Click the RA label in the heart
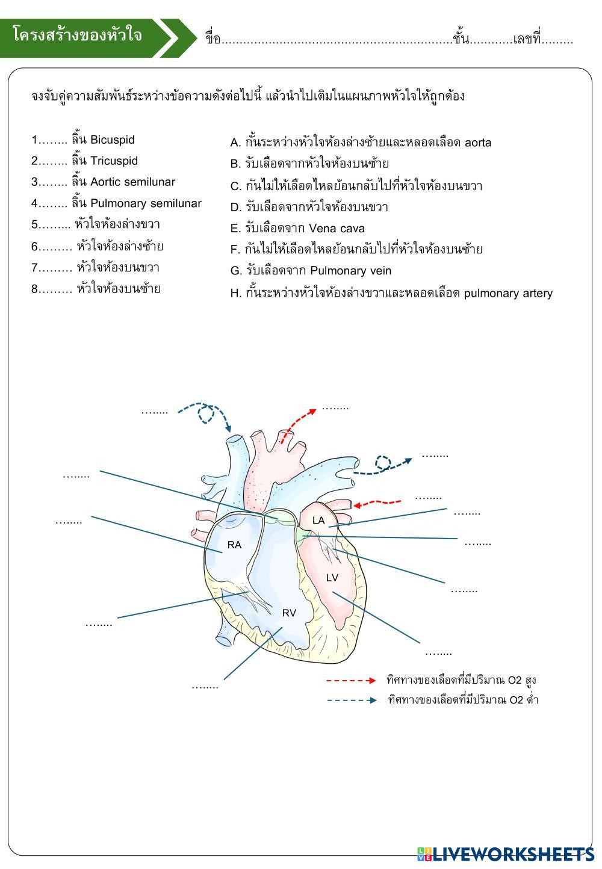point(234,545)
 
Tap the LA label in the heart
point(318,520)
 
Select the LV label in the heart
point(332,578)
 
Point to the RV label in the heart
point(289,613)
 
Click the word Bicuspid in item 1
point(112,140)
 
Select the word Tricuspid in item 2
point(114,161)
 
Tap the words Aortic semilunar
point(132,182)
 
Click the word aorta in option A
point(478,143)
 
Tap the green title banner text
point(78,36)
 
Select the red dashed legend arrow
point(352,681)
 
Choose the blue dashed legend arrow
point(352,700)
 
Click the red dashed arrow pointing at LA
point(377,502)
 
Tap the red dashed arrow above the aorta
point(298,424)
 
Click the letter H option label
point(235,293)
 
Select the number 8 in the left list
point(35,289)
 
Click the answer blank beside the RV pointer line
point(205,685)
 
